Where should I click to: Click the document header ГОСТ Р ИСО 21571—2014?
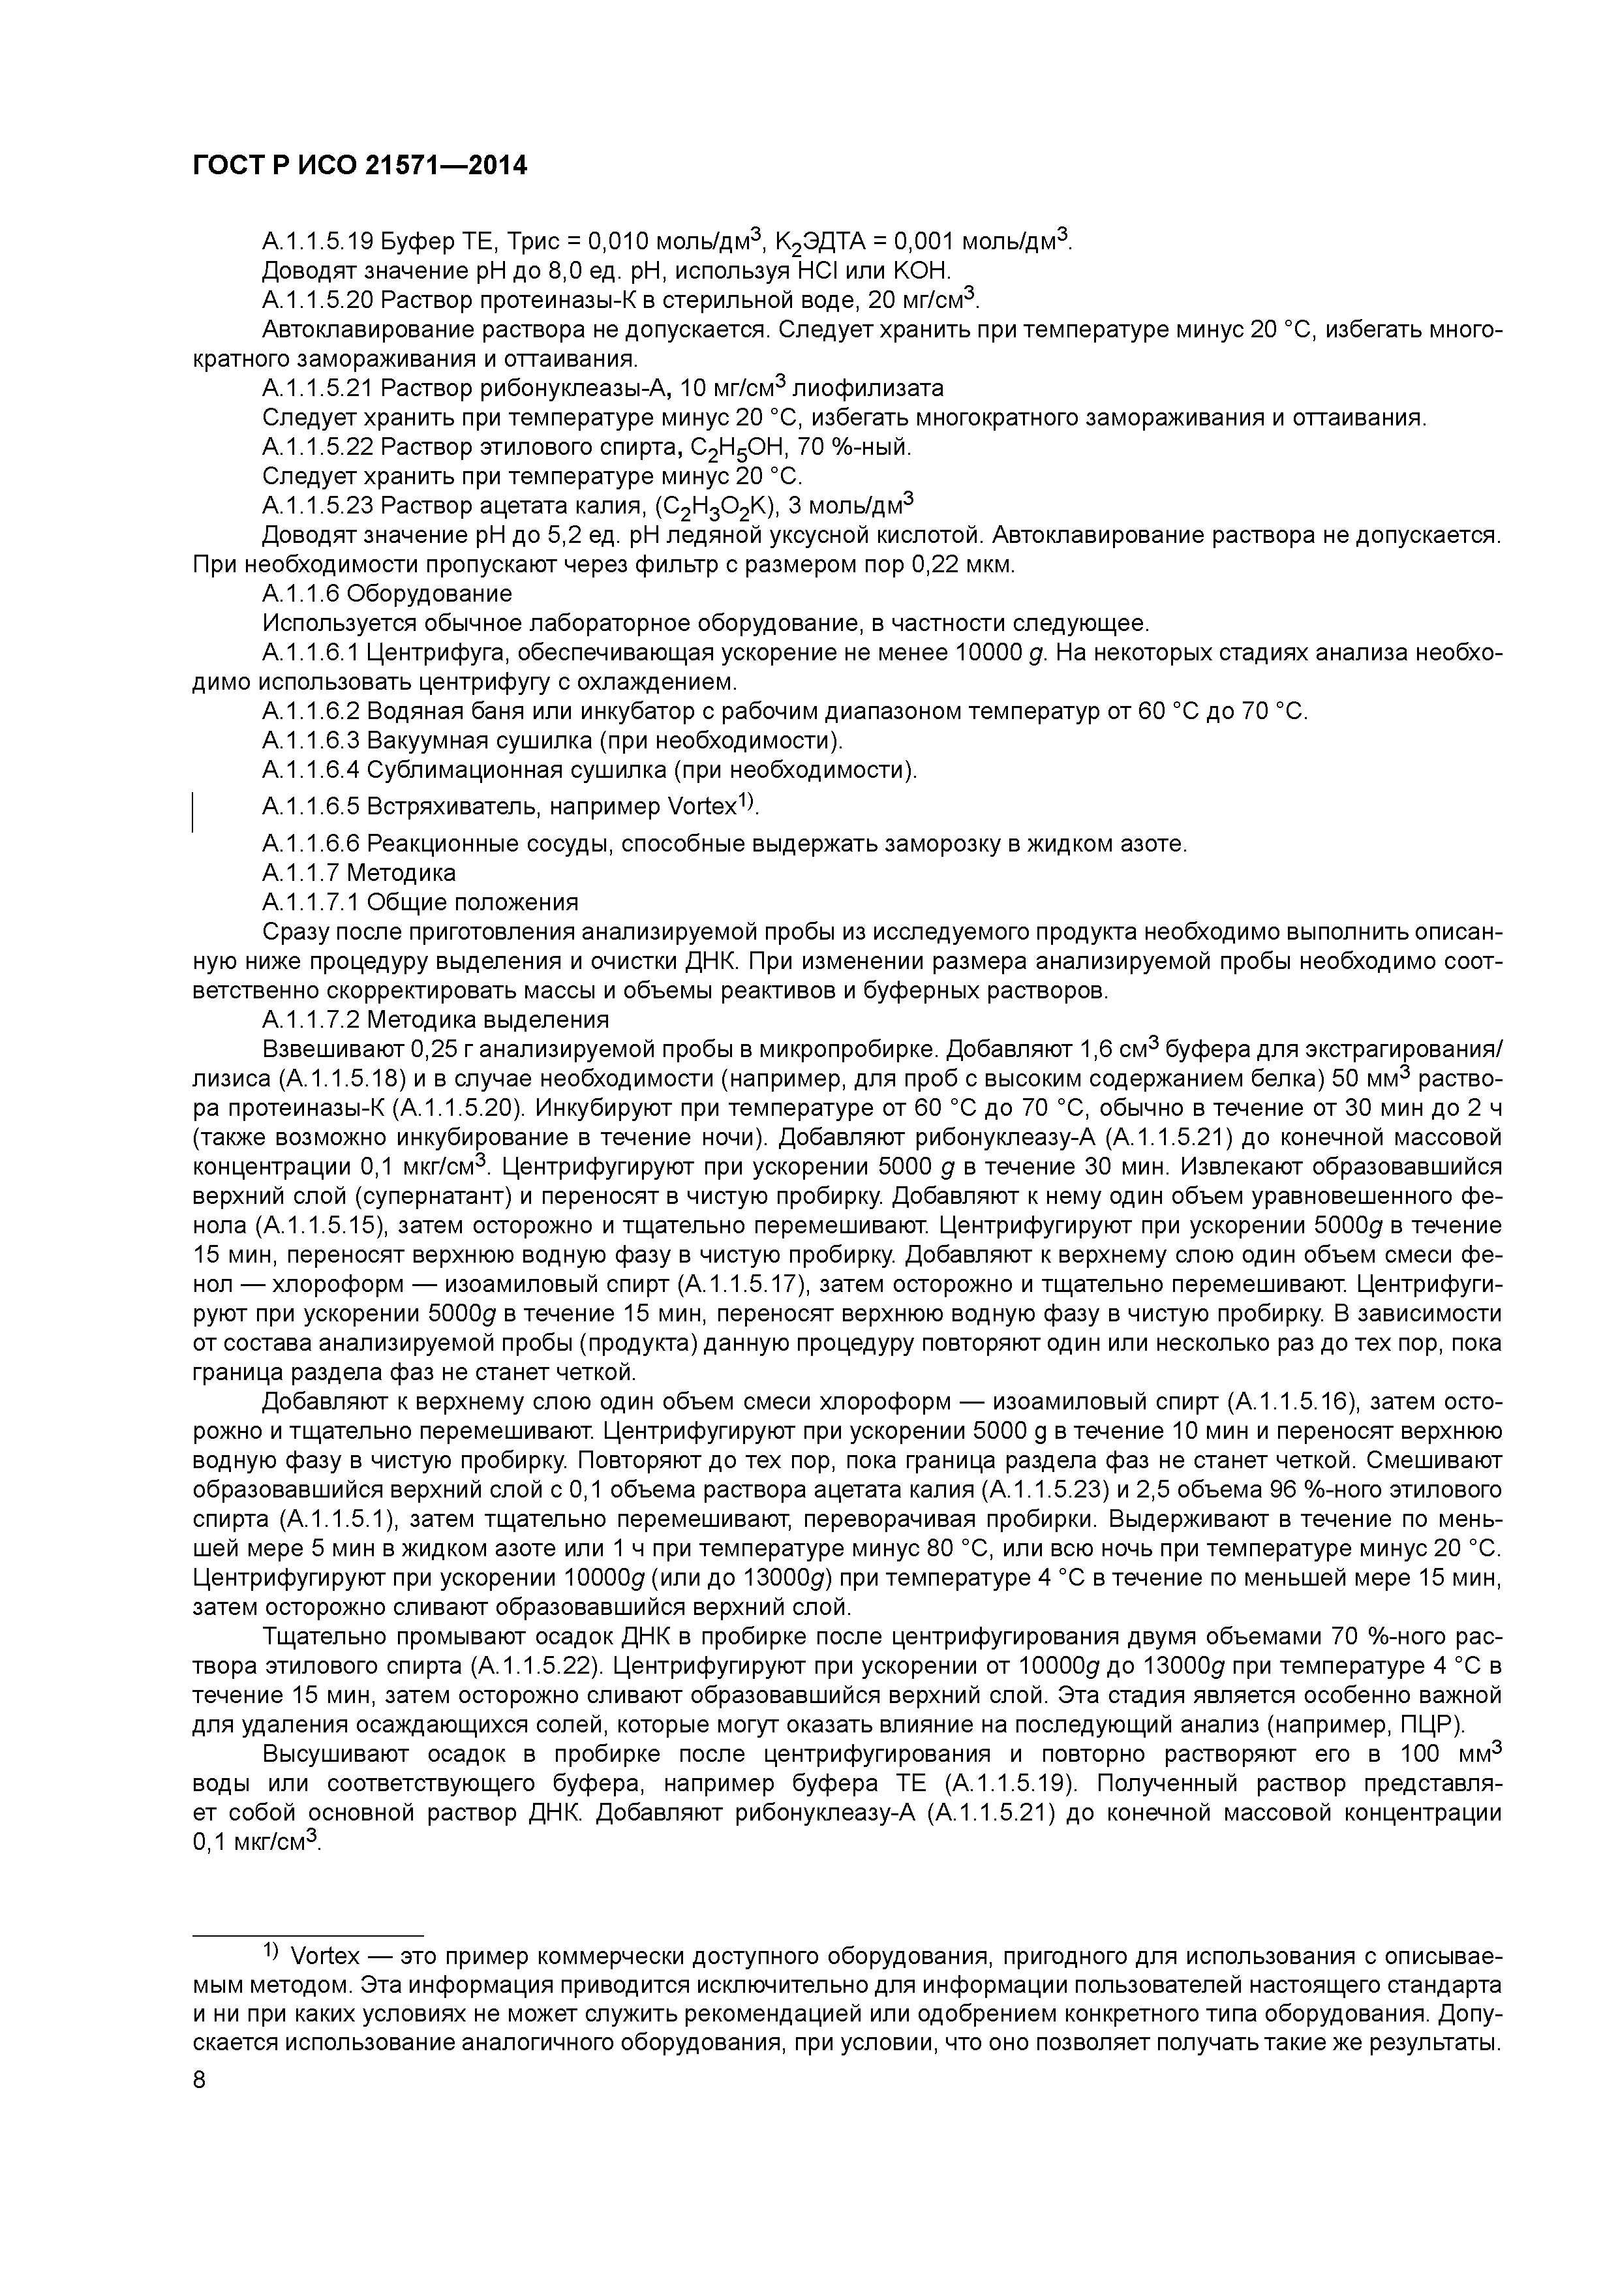(359, 166)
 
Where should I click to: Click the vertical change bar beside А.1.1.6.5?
(193, 810)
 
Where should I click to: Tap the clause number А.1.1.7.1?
(311, 903)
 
